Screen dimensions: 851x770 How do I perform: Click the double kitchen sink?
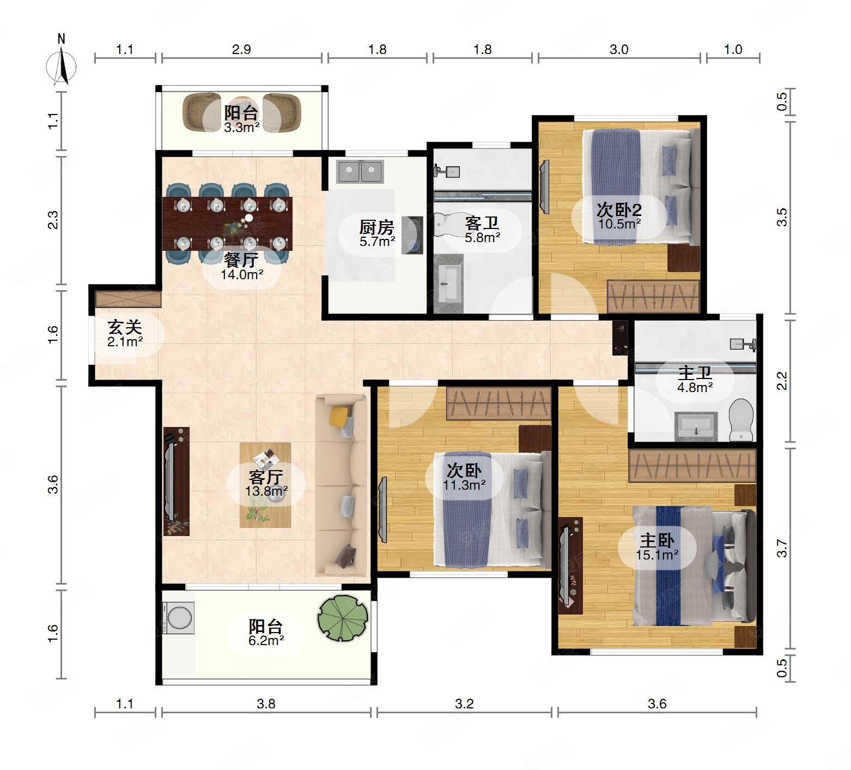click(x=361, y=171)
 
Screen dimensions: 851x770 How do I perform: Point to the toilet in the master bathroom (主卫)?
click(x=741, y=420)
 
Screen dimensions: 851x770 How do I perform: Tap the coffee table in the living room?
click(x=265, y=485)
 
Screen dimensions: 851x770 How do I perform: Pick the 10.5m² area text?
click(x=619, y=224)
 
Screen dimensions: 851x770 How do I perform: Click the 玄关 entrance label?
click(x=125, y=327)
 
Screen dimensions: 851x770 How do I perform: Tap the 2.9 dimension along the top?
click(x=241, y=50)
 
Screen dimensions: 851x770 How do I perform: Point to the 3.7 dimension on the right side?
click(x=782, y=548)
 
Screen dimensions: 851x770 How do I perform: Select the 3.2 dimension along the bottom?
click(x=464, y=704)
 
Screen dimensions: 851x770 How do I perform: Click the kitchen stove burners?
click(x=412, y=236)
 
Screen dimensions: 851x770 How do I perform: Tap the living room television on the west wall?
click(x=171, y=481)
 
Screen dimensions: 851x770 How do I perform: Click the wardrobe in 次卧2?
click(x=653, y=297)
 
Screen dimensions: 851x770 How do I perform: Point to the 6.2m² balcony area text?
click(x=266, y=641)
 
